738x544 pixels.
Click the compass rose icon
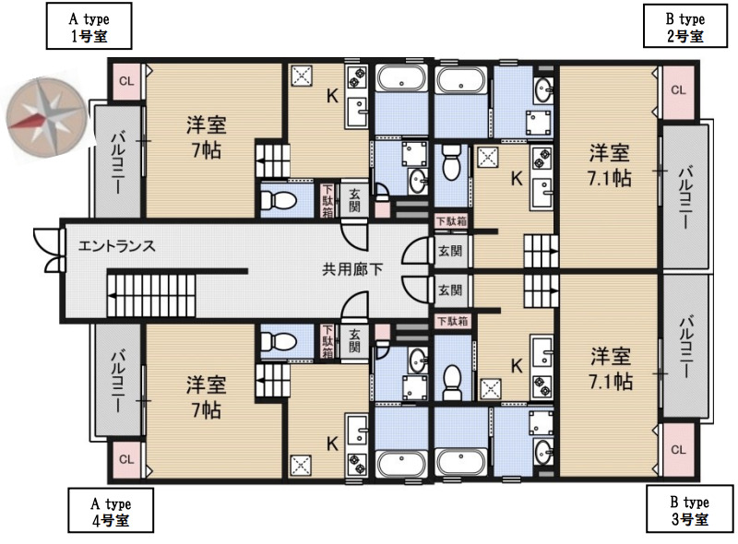(x=47, y=117)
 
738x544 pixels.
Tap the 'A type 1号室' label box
(x=89, y=26)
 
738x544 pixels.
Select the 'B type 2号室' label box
(x=685, y=27)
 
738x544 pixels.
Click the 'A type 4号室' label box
(x=111, y=511)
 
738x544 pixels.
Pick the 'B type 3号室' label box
(x=689, y=510)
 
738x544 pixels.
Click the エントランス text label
(x=116, y=245)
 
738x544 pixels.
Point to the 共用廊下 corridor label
(x=352, y=269)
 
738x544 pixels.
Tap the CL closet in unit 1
(x=126, y=81)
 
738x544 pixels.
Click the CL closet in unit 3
(x=678, y=450)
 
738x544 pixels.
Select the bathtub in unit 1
(x=401, y=77)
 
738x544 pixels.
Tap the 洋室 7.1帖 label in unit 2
(x=610, y=166)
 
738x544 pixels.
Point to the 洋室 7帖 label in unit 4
(x=206, y=397)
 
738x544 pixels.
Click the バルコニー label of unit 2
(x=685, y=196)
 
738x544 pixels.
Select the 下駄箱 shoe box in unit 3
(x=452, y=321)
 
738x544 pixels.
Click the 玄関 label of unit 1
(x=354, y=200)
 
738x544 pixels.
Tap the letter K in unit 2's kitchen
(x=517, y=178)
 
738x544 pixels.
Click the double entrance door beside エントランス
(x=50, y=251)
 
